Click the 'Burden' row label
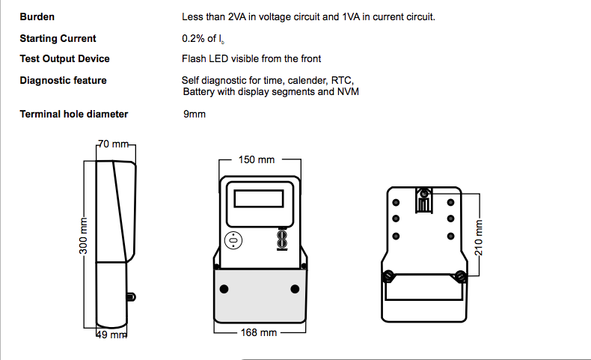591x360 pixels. coord(37,16)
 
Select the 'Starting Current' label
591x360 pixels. coord(58,38)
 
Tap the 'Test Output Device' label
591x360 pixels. coord(64,59)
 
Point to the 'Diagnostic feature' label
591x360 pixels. coord(63,80)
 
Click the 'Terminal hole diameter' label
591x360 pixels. coord(73,115)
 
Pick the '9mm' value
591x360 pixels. coord(194,115)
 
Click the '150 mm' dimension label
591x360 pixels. coord(257,159)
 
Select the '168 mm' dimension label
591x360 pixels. coord(259,332)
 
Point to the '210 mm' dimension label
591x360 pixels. coord(480,237)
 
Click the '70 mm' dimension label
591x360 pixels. coord(114,144)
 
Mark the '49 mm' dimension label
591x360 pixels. coord(111,335)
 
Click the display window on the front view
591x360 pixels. coord(259,198)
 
